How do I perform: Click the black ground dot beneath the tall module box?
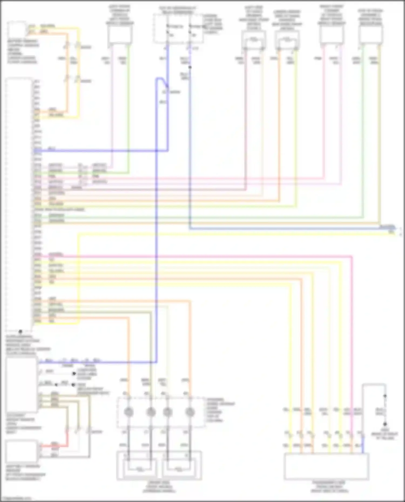point(20,331)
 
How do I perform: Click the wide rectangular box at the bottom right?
point(326,466)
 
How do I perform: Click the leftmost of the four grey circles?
point(128,412)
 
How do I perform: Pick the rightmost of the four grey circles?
point(190,412)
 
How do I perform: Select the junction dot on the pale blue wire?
point(190,67)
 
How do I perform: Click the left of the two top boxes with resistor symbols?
point(254,40)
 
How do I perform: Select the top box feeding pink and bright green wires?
point(120,35)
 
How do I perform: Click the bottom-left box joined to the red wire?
point(22,451)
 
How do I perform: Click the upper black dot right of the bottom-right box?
point(385,396)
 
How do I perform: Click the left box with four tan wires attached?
point(22,385)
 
